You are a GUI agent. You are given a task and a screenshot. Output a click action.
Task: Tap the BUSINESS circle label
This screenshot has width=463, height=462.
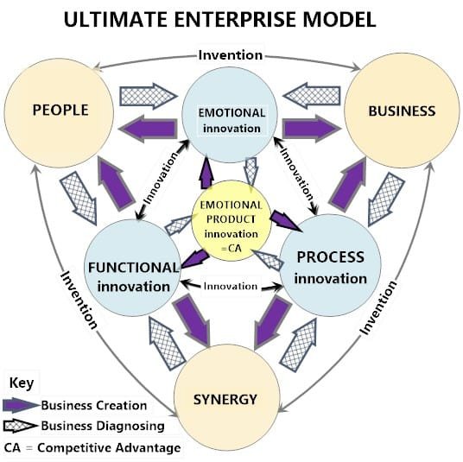coord(401,111)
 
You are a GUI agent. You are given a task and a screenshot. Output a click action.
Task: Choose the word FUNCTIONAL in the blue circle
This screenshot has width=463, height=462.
coord(132,266)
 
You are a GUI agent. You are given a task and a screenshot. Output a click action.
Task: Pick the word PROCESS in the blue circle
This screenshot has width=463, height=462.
coord(330,257)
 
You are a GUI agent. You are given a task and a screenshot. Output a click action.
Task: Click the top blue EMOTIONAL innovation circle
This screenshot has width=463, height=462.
coord(231,120)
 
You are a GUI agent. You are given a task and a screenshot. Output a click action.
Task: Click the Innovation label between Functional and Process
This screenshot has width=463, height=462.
coord(231,286)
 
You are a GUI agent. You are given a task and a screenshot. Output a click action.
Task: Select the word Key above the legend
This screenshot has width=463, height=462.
coord(21,382)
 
